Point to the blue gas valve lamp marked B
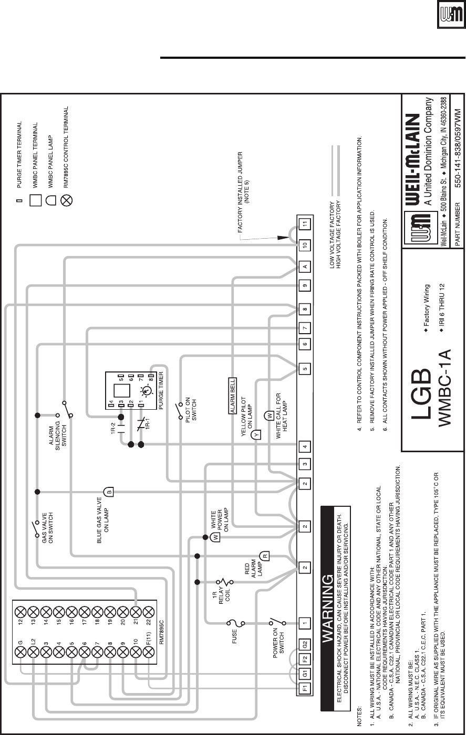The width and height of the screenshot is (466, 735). point(109,492)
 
